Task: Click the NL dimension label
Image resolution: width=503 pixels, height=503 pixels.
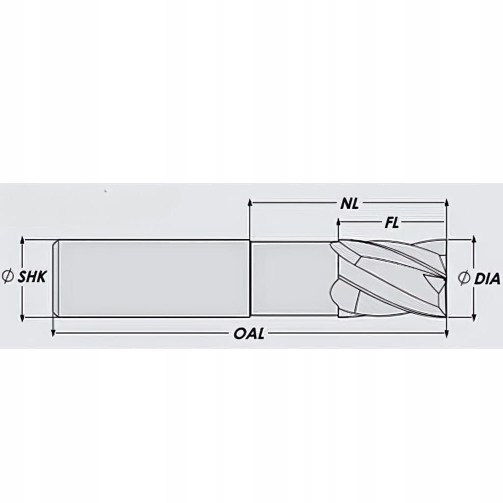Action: click(349, 204)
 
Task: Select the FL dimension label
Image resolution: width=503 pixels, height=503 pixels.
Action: click(391, 224)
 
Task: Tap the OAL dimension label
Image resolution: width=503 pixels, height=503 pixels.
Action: click(249, 334)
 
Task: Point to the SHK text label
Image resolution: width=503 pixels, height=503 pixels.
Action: click(32, 277)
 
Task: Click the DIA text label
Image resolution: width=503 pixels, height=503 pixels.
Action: click(487, 279)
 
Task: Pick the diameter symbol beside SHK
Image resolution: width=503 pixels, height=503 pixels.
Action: click(8, 277)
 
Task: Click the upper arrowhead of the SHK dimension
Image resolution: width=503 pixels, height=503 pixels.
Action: click(22, 240)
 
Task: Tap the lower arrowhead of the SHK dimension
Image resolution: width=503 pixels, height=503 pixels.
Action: click(22, 318)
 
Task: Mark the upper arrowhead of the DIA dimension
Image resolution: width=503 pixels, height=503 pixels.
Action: click(475, 240)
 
